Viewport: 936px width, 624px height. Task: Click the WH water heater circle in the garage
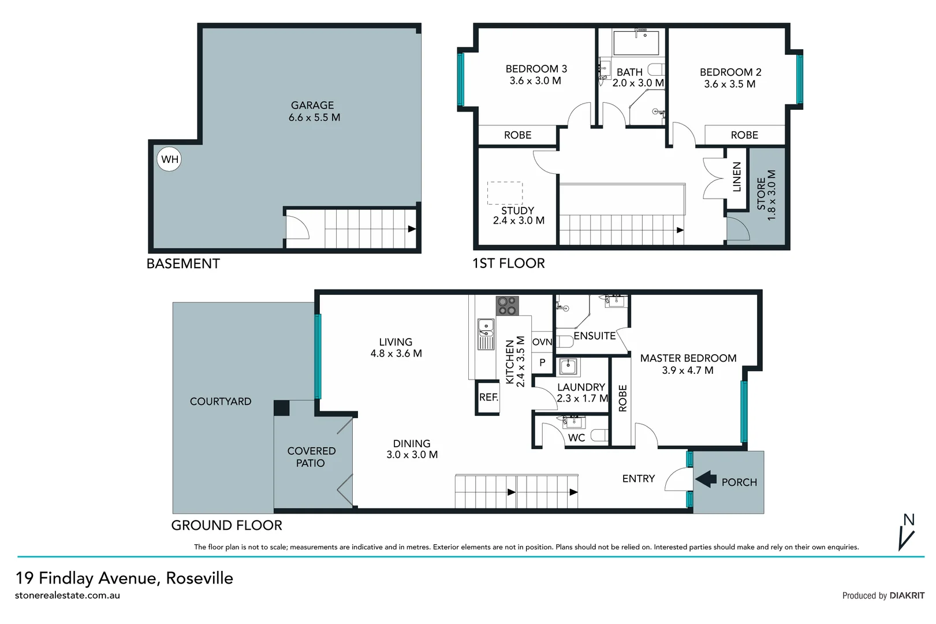tap(169, 159)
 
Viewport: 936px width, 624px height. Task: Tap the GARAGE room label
tap(312, 106)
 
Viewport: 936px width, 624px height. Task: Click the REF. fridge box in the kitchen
tap(488, 398)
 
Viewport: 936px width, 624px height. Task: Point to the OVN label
tap(542, 342)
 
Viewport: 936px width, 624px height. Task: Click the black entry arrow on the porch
tap(706, 479)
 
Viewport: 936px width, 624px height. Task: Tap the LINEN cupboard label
tap(736, 177)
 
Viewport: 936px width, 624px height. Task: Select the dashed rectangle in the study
tap(505, 193)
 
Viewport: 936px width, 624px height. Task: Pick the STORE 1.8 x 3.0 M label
tap(767, 195)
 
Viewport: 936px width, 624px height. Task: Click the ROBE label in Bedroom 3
tap(517, 135)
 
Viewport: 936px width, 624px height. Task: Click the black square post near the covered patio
tap(281, 408)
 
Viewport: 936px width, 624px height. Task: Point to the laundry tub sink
tap(569, 366)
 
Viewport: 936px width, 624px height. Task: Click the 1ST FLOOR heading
tap(508, 263)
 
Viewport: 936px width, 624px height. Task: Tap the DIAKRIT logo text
tap(907, 596)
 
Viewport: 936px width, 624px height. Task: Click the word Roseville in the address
tap(199, 578)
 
